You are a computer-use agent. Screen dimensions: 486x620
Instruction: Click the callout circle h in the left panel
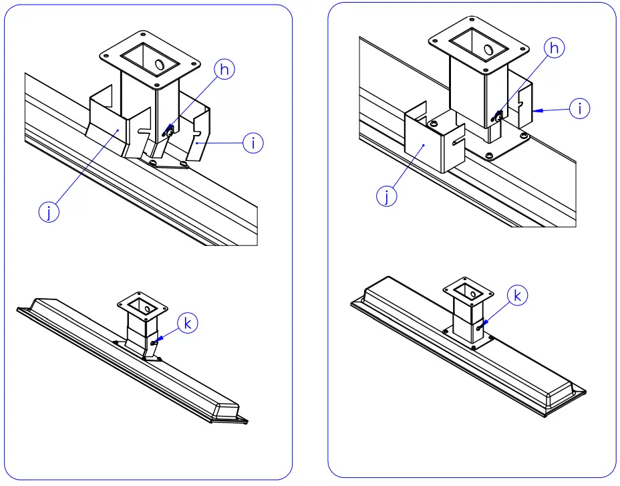224,70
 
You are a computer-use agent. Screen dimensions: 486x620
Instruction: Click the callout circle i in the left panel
253,142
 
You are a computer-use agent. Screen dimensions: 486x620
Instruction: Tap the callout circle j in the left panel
49,212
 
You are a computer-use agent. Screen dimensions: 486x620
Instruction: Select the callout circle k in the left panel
188,324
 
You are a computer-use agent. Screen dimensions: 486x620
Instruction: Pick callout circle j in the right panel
386,197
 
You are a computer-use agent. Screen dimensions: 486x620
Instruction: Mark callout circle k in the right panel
518,294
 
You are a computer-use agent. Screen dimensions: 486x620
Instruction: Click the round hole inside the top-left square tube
161,64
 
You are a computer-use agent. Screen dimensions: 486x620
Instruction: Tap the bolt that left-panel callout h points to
170,132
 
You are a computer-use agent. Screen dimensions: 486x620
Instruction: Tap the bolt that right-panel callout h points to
498,116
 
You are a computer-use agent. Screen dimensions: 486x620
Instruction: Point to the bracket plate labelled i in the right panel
524,107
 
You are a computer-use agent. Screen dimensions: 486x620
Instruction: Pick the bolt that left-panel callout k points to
155,343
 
